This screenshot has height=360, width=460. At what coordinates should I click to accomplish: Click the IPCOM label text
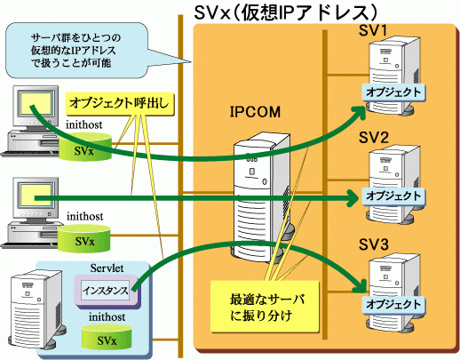click(255, 112)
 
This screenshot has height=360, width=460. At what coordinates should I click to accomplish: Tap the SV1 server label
click(373, 30)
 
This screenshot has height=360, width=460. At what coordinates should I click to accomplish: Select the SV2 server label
click(373, 138)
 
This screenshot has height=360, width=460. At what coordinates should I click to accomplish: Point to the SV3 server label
click(373, 244)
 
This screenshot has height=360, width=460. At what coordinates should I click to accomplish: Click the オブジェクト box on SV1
click(393, 92)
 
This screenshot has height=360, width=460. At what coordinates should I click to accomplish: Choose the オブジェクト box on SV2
click(393, 196)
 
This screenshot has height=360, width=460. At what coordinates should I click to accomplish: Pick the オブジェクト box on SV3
click(393, 304)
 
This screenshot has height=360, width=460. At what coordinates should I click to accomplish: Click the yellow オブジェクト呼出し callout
click(119, 103)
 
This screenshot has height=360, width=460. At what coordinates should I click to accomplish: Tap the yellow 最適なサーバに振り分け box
click(265, 307)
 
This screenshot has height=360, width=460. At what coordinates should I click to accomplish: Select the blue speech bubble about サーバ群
click(76, 51)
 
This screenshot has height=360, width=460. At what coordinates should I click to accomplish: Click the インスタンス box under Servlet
click(106, 291)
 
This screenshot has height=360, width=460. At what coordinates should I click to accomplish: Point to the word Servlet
click(107, 268)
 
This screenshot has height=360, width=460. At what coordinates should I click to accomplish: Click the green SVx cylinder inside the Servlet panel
click(107, 337)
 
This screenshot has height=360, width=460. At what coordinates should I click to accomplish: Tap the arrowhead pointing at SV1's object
click(361, 111)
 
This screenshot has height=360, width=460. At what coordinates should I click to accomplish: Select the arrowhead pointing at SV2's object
click(354, 197)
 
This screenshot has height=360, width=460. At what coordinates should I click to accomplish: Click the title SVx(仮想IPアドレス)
click(285, 13)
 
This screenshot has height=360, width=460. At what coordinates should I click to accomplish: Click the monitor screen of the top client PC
click(36, 104)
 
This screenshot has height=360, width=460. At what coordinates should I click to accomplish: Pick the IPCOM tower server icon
click(262, 197)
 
